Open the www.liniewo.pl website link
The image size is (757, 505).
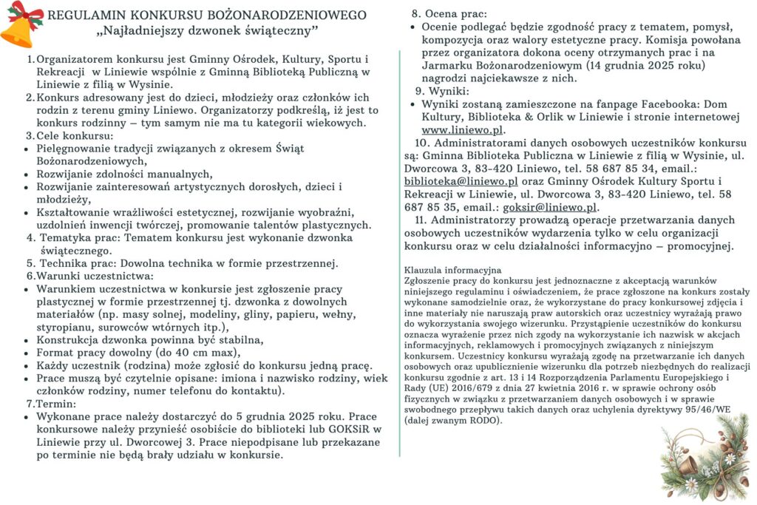(x=463, y=129)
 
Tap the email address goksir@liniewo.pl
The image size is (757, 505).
(x=558, y=207)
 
